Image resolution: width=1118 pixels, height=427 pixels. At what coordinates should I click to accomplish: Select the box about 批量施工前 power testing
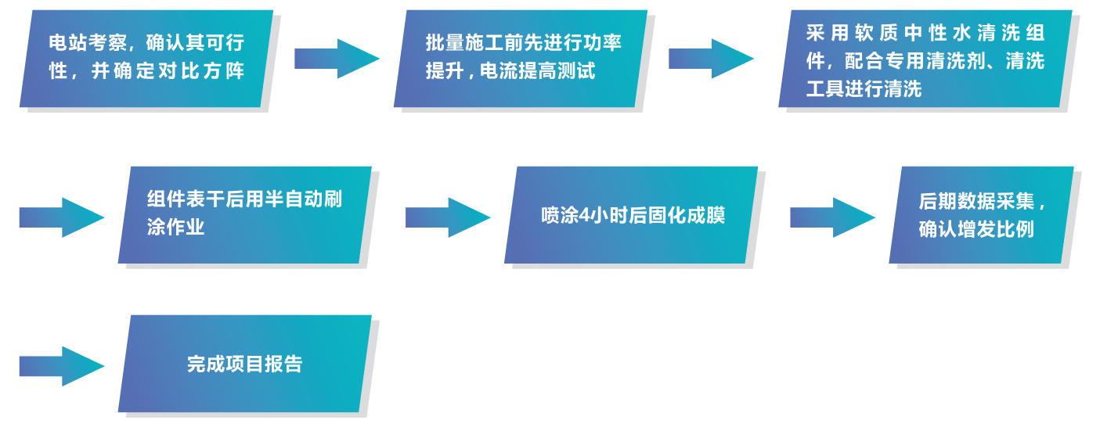tap(521, 58)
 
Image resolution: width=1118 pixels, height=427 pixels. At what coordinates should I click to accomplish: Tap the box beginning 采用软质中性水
tap(925, 59)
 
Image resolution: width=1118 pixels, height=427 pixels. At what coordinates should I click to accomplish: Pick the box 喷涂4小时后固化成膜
tap(632, 214)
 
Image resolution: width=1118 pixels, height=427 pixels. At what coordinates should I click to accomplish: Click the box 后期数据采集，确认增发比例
tap(981, 214)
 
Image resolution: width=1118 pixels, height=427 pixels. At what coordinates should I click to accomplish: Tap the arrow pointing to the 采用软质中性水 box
tap(710, 58)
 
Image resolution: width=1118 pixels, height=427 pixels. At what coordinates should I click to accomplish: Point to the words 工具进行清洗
tap(864, 88)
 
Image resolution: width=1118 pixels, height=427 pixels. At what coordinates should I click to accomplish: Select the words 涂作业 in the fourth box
tap(175, 228)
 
